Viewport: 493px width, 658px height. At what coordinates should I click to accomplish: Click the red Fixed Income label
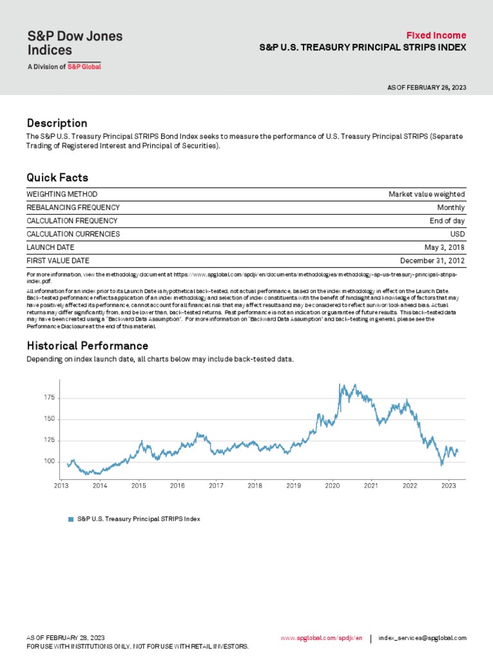(436, 35)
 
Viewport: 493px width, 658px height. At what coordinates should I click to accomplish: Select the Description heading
(56, 123)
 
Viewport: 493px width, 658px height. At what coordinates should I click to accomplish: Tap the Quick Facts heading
(57, 177)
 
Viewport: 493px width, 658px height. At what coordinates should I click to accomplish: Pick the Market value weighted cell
(426, 194)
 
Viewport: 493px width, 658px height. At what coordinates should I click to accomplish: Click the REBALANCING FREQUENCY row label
(73, 208)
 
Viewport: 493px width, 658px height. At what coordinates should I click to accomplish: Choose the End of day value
(447, 221)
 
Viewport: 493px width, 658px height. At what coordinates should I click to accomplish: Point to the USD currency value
(457, 234)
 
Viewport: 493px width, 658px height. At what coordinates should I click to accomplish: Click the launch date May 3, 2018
(444, 247)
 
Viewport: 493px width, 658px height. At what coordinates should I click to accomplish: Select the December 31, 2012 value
(432, 261)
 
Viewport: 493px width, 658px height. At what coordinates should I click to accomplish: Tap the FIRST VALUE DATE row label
(58, 261)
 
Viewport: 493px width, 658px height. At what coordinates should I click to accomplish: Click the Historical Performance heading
(87, 346)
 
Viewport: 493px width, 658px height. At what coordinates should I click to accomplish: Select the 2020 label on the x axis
(332, 486)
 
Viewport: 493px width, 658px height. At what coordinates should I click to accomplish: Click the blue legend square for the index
(71, 519)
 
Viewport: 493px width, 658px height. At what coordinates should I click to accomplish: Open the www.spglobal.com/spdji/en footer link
(322, 638)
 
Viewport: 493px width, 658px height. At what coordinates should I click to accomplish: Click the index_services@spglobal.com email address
(422, 638)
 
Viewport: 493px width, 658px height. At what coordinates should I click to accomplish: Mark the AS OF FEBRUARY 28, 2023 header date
(426, 87)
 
